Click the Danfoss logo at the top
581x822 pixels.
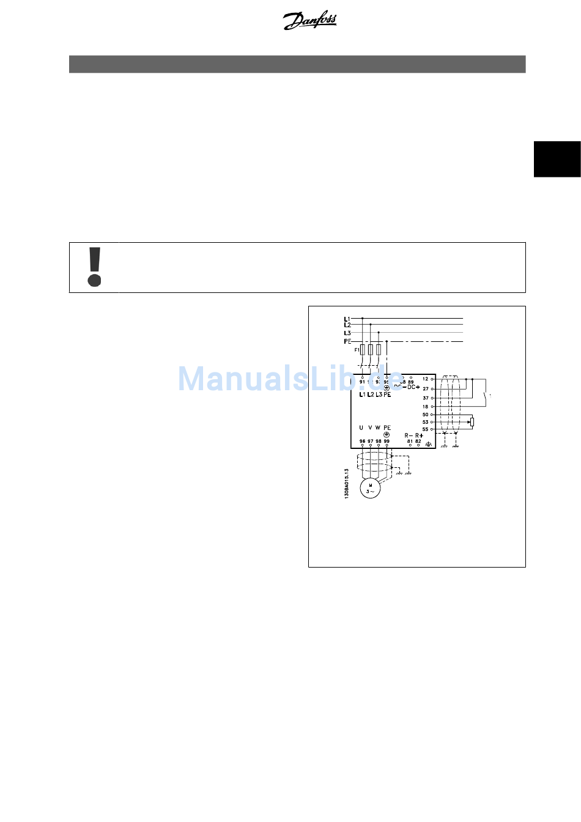click(309, 21)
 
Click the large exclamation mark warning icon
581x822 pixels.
click(94, 267)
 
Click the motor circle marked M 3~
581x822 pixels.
click(370, 488)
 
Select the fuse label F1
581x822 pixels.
click(357, 350)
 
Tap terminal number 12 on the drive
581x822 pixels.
click(426, 379)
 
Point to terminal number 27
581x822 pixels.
click(426, 389)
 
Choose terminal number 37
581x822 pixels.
click(426, 398)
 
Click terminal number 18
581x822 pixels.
click(426, 407)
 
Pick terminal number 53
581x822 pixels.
click(426, 422)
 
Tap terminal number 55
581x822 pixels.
click(426, 429)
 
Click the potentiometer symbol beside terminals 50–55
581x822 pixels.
click(472, 422)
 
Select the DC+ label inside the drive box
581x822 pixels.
click(413, 387)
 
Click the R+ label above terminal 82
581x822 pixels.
click(419, 435)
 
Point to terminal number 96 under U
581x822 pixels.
click(362, 441)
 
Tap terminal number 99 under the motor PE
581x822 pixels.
click(387, 441)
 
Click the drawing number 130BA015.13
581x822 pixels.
click(347, 483)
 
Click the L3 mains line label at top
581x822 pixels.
click(347, 333)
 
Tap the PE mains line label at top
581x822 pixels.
click(347, 341)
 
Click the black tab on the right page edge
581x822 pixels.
click(557, 159)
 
